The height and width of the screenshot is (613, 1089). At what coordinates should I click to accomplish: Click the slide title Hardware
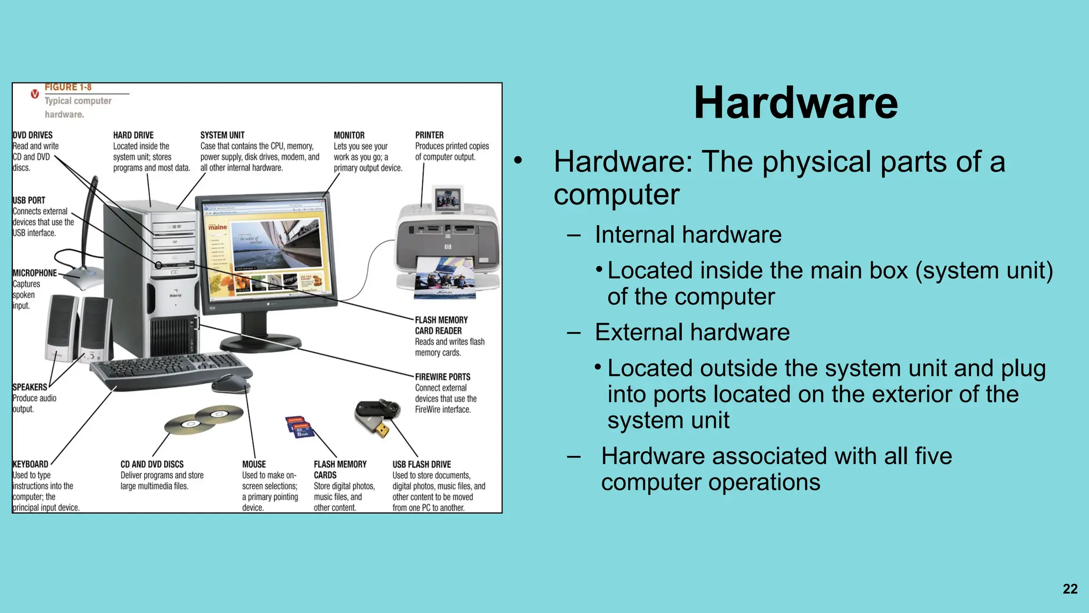tap(795, 103)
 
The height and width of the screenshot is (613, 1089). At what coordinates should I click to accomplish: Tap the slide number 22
tap(1070, 589)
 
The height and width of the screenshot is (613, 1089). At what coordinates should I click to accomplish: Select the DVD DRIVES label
tap(32, 135)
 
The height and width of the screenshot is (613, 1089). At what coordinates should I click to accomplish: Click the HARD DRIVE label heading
tap(133, 135)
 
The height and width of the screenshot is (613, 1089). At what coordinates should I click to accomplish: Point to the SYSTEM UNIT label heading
tap(222, 135)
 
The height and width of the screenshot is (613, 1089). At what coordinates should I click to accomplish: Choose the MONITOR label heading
tap(349, 135)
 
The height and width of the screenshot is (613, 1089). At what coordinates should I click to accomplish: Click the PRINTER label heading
tap(429, 135)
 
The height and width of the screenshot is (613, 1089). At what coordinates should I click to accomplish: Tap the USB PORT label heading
tap(29, 200)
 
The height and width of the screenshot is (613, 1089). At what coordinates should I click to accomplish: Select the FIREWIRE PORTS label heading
tap(442, 377)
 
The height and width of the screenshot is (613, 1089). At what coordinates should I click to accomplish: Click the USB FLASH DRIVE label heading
tap(422, 464)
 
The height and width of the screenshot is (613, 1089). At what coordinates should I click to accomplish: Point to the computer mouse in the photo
tap(231, 383)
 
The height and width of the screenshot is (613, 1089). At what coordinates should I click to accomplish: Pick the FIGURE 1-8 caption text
tap(68, 87)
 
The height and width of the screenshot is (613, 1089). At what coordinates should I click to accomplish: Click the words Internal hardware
tap(688, 235)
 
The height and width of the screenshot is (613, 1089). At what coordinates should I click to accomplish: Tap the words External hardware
tap(692, 332)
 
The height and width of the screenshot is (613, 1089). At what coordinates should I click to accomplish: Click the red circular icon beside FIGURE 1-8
tap(35, 94)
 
